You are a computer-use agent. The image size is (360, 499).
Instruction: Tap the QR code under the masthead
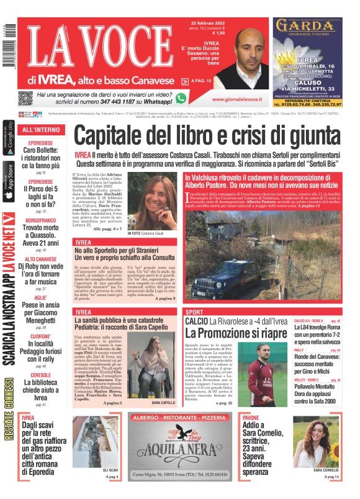click(x=25, y=98)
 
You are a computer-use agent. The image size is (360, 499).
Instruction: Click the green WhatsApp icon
click(x=181, y=98)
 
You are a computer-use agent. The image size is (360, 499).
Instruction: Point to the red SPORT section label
click(x=194, y=312)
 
